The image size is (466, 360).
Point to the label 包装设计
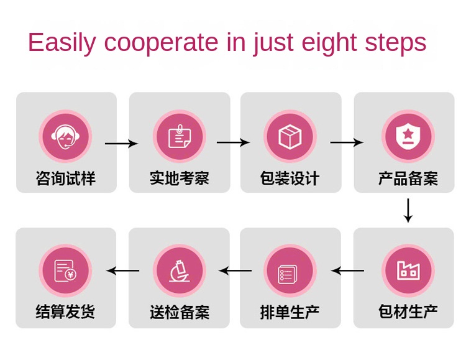point(290,179)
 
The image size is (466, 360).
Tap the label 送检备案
point(179,312)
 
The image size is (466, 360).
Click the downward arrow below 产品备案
point(408,211)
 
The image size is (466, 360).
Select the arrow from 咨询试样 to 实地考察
point(122,144)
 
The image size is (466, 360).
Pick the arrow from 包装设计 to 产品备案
point(347,143)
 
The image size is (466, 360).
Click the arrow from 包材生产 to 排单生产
point(347,270)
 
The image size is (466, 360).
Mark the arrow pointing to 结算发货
point(122,270)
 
